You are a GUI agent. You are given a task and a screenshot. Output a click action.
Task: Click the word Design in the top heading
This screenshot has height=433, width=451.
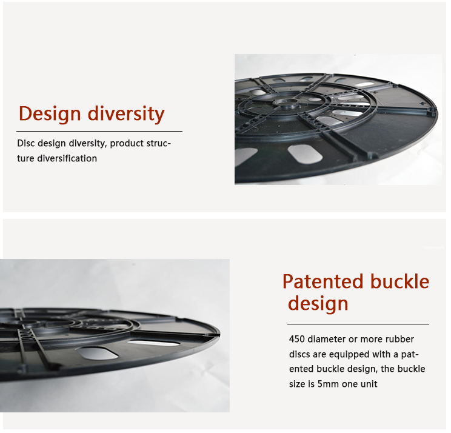(x=50, y=114)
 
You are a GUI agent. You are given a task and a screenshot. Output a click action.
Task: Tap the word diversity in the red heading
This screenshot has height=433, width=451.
(x=126, y=114)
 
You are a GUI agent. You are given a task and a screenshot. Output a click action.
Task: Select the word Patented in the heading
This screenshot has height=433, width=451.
(x=322, y=281)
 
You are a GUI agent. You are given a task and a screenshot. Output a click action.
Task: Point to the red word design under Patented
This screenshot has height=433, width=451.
(x=318, y=304)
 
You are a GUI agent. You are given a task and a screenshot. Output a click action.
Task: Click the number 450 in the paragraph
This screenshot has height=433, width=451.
(x=296, y=339)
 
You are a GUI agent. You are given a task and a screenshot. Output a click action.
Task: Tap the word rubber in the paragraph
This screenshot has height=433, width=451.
(x=399, y=339)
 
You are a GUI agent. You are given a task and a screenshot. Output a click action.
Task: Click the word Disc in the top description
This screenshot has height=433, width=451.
(x=25, y=143)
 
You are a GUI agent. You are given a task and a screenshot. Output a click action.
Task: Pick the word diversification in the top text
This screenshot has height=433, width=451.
(x=67, y=158)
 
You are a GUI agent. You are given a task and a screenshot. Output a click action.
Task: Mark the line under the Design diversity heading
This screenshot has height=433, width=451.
(x=99, y=131)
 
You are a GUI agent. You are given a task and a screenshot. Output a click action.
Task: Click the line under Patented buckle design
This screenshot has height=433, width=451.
(x=358, y=324)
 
